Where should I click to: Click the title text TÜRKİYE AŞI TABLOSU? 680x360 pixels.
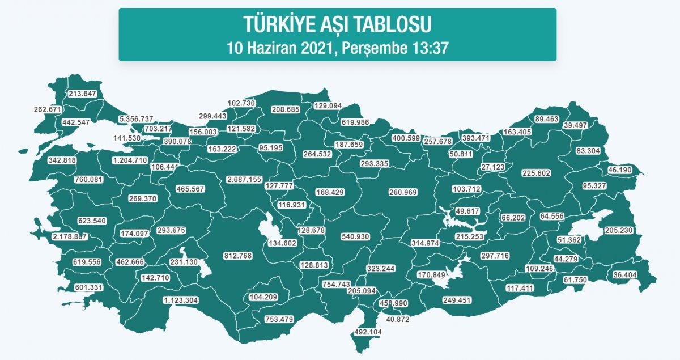[x=337, y=24]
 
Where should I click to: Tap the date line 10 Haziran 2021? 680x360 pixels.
[x=337, y=48]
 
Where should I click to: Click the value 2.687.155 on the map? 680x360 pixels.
[x=244, y=179]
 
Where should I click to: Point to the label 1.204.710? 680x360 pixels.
[x=130, y=160]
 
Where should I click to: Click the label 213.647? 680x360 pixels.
[x=82, y=94]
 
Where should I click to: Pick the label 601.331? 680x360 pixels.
[x=88, y=287]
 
